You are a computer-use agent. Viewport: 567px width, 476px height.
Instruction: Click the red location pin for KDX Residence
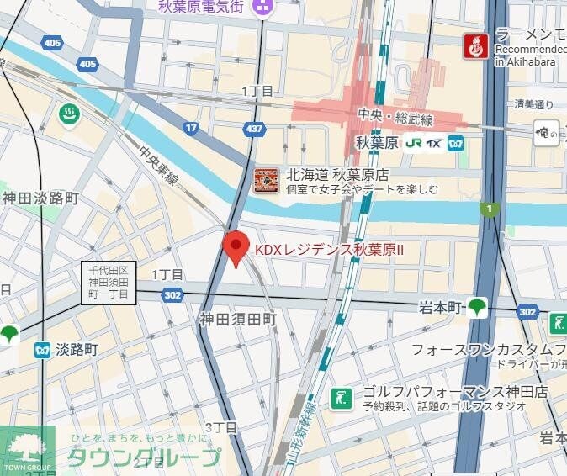[x=236, y=247]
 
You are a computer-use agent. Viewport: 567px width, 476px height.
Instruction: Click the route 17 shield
[x=191, y=128]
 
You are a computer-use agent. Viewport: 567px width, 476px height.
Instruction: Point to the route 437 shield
[x=253, y=128]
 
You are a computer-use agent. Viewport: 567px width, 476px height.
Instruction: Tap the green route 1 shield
[x=488, y=208]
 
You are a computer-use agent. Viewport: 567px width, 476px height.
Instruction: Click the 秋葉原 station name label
[x=376, y=142]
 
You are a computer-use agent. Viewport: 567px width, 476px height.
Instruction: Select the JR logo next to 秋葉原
[x=413, y=142]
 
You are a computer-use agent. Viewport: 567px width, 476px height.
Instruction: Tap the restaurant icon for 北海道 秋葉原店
[x=266, y=181]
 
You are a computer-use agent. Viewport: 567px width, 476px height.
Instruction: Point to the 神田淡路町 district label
[x=40, y=198]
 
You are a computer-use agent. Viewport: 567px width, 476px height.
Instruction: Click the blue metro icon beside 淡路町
[x=41, y=350]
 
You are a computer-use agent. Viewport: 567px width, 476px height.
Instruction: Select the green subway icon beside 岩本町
[x=478, y=308]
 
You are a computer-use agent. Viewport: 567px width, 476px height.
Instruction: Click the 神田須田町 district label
[x=237, y=319]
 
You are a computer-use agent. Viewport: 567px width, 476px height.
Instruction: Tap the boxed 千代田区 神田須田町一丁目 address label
[x=109, y=282]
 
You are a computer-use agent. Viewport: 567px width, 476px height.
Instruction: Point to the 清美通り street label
[x=534, y=104]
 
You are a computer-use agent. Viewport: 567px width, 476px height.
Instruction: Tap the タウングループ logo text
[x=143, y=457]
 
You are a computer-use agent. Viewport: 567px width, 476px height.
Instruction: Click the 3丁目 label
[x=221, y=428]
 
